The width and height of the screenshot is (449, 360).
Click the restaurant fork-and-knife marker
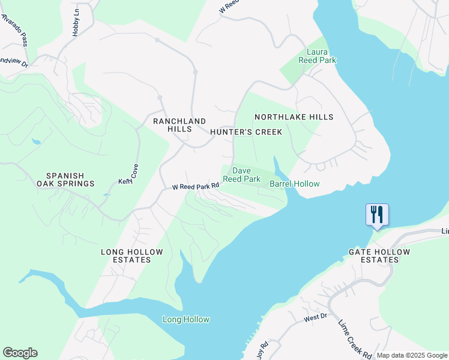377,214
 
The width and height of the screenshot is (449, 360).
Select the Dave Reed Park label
241,175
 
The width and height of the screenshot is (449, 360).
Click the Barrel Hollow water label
294,184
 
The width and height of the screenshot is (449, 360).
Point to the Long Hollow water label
186,319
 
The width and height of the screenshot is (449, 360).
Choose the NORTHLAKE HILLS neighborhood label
294,117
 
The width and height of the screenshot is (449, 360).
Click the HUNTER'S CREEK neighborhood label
246,132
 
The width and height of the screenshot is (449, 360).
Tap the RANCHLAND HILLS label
179,125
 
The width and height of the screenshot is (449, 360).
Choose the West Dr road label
315,317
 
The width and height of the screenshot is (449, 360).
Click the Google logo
20,353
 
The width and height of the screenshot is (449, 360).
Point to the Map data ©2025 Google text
412,355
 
